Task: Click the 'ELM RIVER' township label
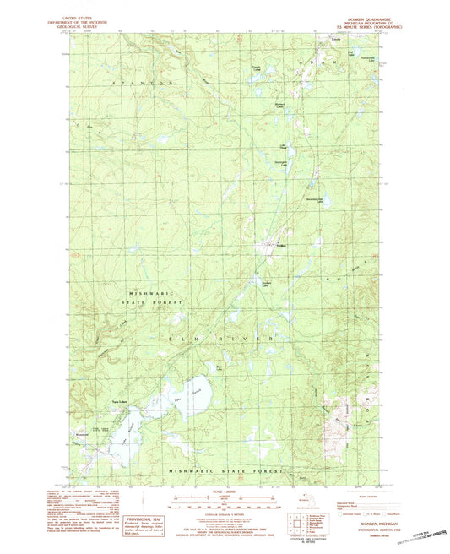coord(220,339)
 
